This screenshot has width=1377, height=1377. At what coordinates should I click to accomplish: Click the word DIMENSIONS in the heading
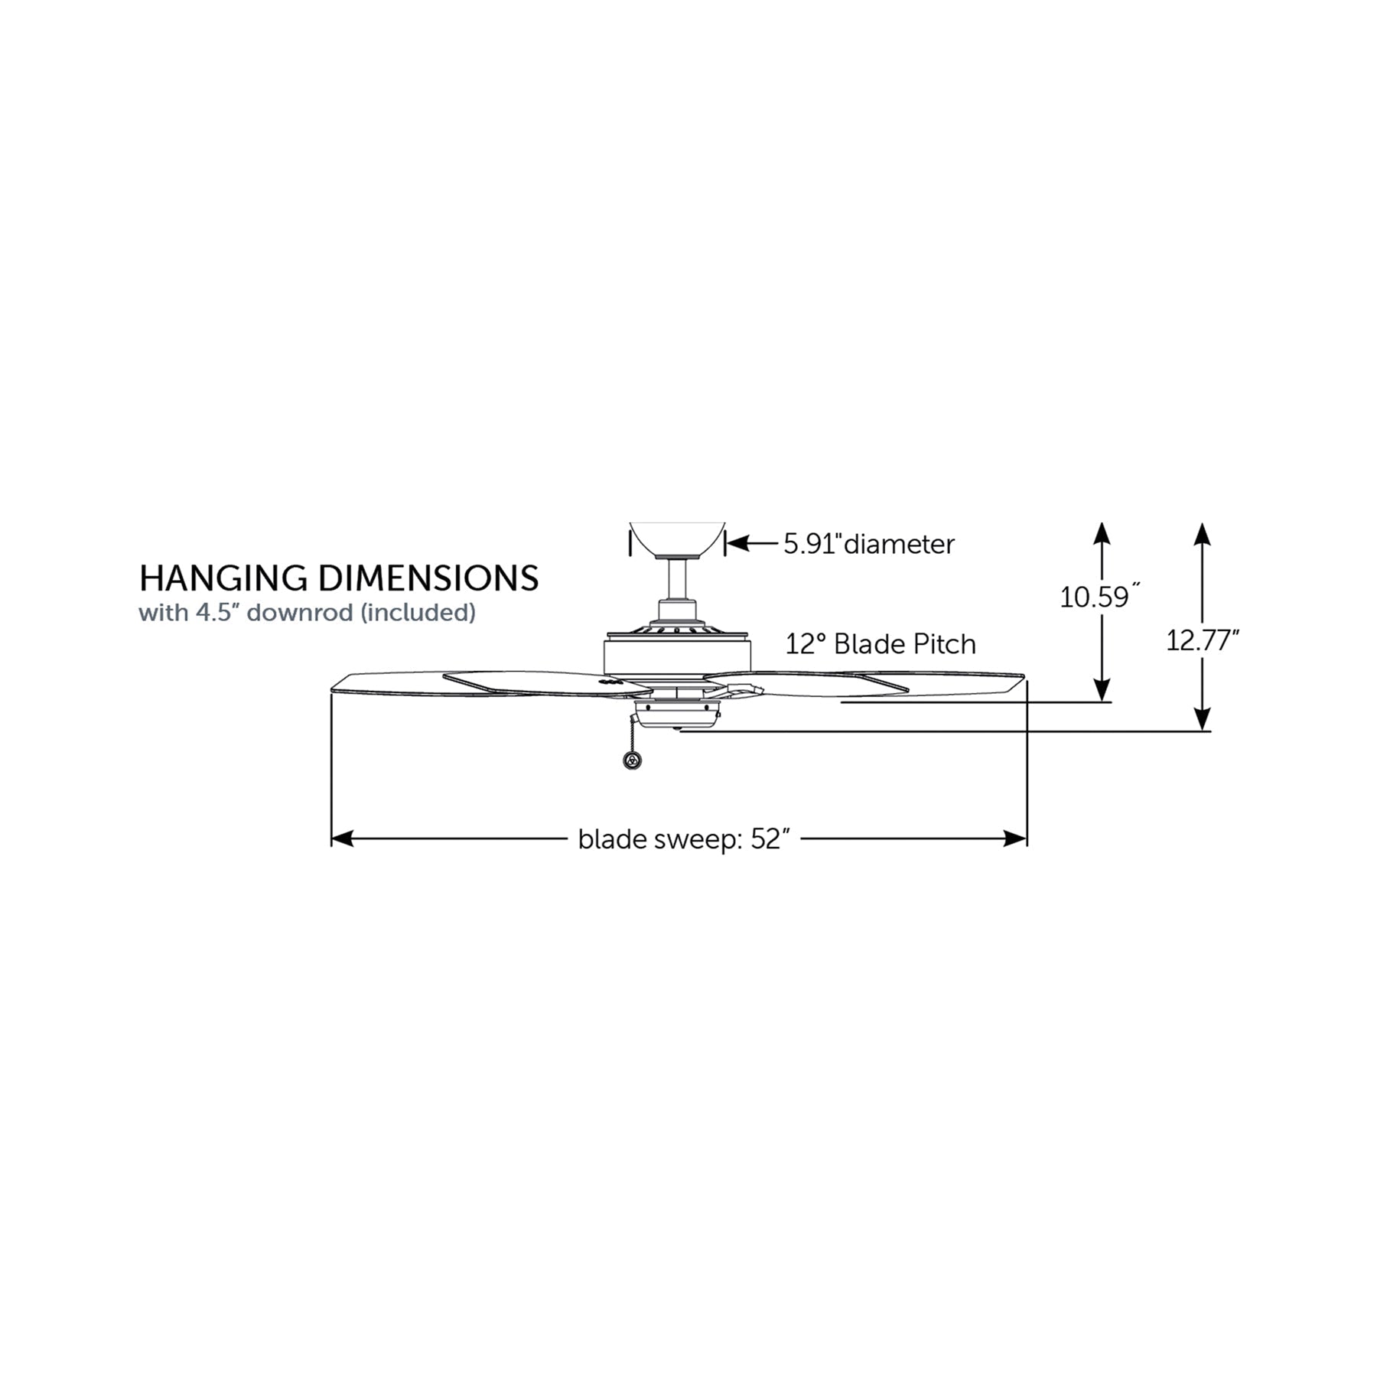point(428,578)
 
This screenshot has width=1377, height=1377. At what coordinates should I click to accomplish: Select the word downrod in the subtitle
point(300,613)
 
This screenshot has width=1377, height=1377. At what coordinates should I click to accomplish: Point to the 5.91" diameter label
point(869,545)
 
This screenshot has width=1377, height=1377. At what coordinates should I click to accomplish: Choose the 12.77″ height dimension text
point(1202,640)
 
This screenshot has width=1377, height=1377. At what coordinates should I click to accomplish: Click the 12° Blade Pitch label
point(881,644)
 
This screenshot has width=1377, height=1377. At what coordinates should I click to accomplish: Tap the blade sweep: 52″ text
point(683,839)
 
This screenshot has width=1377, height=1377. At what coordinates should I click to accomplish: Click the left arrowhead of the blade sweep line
point(341,838)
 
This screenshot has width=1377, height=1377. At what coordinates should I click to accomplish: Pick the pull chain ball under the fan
point(633,760)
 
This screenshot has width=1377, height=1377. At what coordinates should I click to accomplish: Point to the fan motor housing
point(677,656)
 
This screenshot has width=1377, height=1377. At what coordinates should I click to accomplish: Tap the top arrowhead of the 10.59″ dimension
point(1102,532)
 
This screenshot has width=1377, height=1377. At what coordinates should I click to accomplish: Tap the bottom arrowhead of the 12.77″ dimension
point(1202,720)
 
